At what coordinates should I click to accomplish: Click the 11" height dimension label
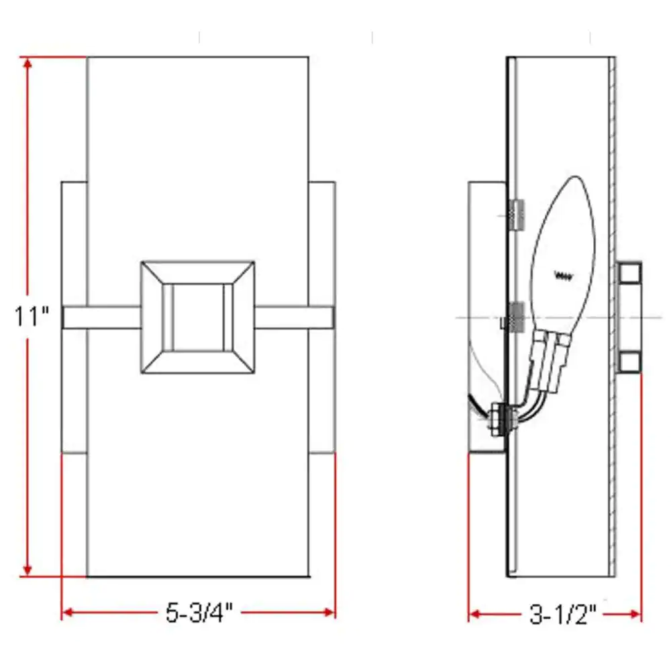(32, 316)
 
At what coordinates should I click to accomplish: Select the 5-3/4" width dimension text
(199, 613)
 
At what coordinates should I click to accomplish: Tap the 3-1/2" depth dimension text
(563, 614)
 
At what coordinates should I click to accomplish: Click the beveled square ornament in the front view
(197, 317)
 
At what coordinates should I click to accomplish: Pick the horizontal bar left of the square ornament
(101, 317)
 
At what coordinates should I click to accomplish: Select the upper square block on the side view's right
(629, 272)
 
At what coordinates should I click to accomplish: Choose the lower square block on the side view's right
(629, 362)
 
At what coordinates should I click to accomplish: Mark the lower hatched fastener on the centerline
(515, 316)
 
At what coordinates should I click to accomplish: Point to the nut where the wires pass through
(500, 420)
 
